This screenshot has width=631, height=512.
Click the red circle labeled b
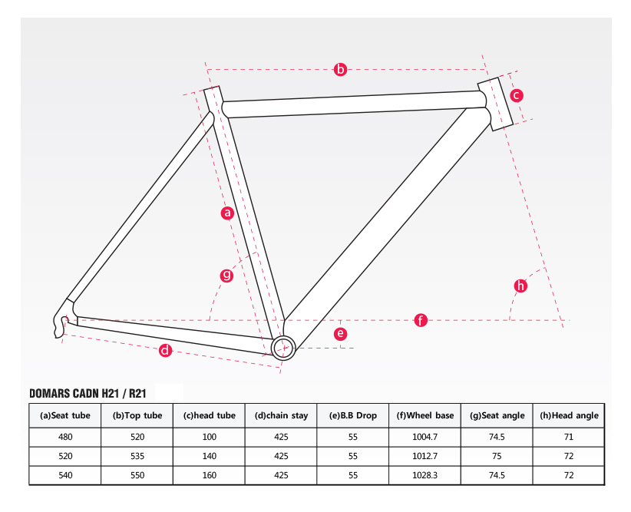point(341,69)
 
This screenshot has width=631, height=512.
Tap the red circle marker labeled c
point(517,95)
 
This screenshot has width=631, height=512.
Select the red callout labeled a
point(227,213)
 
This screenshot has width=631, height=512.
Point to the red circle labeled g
point(227,276)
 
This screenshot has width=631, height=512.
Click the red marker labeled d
point(165,351)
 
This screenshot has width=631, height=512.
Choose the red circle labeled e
point(341,334)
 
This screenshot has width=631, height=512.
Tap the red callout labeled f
point(421,320)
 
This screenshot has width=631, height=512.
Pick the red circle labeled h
point(520,286)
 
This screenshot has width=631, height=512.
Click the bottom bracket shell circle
point(283,348)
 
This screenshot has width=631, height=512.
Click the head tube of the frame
point(495,104)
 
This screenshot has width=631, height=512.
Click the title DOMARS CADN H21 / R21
point(88,393)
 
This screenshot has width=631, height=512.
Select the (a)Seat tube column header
point(64,415)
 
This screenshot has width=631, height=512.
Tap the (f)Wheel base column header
point(425,415)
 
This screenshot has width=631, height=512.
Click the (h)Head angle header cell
point(569,415)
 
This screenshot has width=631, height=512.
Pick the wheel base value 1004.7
point(425,437)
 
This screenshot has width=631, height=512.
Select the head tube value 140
point(210,456)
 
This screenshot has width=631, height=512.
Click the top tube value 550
point(137,475)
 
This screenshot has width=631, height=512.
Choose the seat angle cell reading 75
point(497,456)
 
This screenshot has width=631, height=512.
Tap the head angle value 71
point(569,437)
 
